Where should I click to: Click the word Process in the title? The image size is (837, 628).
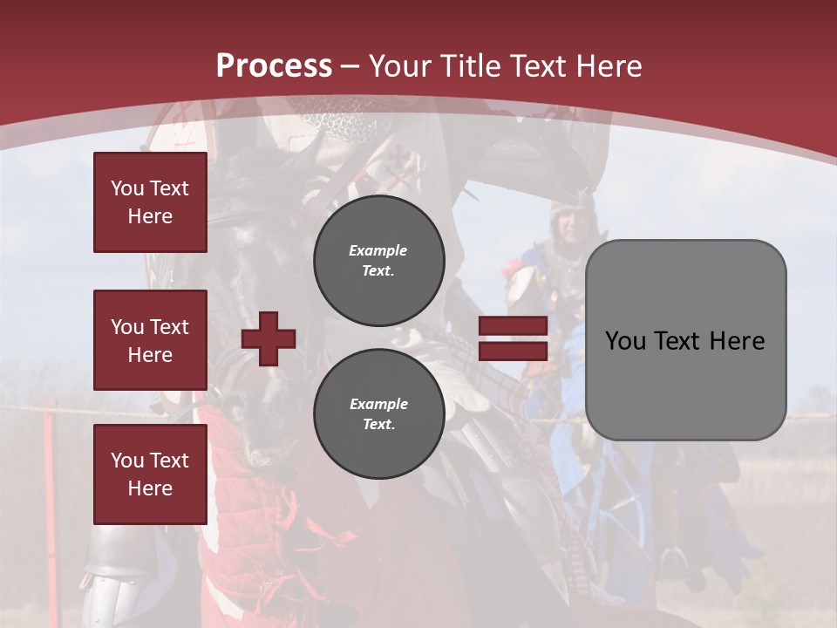click(274, 66)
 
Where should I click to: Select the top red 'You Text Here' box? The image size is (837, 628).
click(150, 202)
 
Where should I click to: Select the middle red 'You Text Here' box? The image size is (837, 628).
click(150, 340)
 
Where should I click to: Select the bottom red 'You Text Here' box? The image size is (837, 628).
click(150, 474)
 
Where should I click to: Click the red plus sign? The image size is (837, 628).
click(269, 338)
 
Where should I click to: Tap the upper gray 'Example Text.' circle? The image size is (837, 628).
click(378, 260)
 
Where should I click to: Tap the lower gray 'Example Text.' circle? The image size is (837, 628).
click(378, 413)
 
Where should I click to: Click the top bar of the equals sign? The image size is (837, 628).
click(513, 326)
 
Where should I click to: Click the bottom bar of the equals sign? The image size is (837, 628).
click(513, 352)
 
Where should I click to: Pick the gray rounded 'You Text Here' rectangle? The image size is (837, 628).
click(685, 340)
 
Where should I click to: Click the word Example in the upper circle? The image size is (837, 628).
click(378, 250)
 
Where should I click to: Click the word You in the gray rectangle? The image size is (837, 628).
click(624, 341)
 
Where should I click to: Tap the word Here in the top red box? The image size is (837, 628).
click(150, 216)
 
